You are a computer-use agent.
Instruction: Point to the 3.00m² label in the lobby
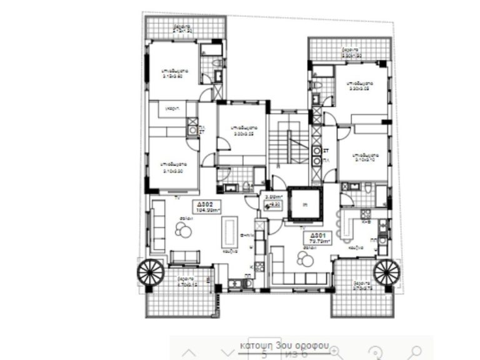coord(273,197)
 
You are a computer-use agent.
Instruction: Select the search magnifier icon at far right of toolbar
coord(416,351)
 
